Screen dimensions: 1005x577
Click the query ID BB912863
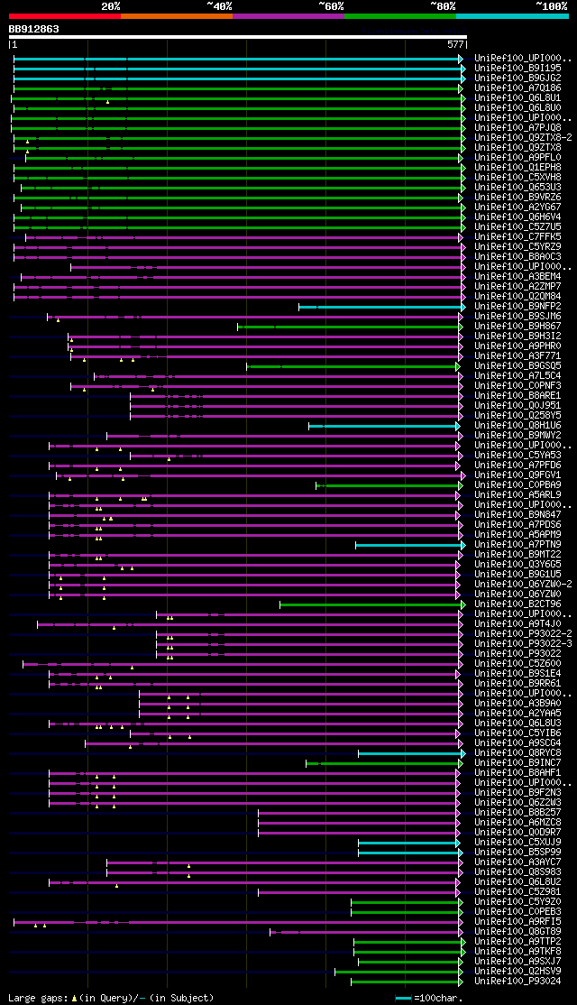34,29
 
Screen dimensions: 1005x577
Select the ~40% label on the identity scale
219,5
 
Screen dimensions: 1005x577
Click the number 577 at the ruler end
455,43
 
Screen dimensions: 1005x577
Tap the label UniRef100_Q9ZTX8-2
523,137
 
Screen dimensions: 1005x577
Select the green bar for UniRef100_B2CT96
370,604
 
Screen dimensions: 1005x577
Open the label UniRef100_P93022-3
523,644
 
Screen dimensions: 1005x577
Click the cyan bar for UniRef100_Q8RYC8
409,753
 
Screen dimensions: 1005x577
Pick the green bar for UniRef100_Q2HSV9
397,972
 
